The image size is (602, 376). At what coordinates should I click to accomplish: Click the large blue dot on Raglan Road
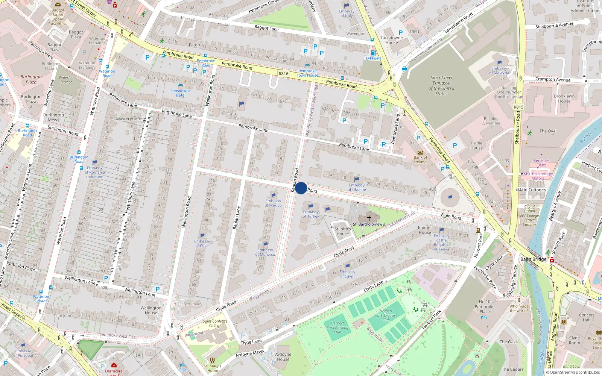pos(301,188)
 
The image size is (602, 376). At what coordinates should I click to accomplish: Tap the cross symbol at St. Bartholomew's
pos(369,218)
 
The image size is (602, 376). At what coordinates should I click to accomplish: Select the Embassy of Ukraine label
pos(356,187)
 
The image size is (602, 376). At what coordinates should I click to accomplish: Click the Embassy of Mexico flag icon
pos(273,195)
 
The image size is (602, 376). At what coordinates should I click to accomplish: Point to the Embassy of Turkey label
pos(311,214)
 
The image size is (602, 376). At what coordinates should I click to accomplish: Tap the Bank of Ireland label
pos(420,160)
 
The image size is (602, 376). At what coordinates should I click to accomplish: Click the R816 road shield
pos(283,74)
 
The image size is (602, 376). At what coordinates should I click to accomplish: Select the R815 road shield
pos(518,107)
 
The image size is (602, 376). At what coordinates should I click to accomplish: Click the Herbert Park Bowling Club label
pos(337,327)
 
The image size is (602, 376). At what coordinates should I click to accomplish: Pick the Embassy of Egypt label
pos(347,274)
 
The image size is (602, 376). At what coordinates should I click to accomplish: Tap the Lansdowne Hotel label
pos(181,93)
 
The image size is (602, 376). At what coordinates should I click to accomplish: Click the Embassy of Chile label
pos(202,243)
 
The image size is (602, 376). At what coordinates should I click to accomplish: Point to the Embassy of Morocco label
pos(265,252)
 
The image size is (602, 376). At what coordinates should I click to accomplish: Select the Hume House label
pos(476,146)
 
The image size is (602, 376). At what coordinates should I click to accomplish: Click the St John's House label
pos(342,231)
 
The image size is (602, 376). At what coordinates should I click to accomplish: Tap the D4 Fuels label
pos(374,58)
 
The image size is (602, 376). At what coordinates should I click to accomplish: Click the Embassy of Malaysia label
pos(499,71)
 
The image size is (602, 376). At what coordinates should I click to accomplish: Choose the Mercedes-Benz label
pos(541,163)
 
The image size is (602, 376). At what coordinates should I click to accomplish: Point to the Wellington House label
pos(151,310)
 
